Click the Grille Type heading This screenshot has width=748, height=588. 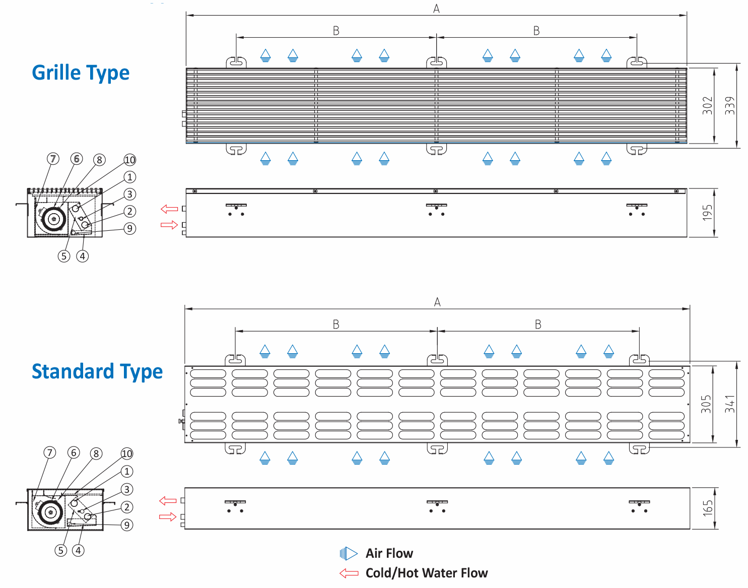pyautogui.click(x=81, y=73)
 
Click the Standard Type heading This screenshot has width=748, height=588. pyautogui.click(x=97, y=372)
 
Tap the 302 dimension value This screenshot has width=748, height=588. pyautogui.click(x=708, y=105)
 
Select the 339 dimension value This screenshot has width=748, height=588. pyautogui.click(x=730, y=105)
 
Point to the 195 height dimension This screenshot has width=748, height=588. pyautogui.click(x=708, y=213)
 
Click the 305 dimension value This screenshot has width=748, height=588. pyautogui.click(x=706, y=404)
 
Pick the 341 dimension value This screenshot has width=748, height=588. pyautogui.click(x=730, y=404)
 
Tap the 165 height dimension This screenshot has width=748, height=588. pyautogui.click(x=708, y=508)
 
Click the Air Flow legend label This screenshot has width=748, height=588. pyautogui.click(x=389, y=554)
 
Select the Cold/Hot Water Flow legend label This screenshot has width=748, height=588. pyautogui.click(x=426, y=573)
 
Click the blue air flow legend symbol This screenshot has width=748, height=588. pyautogui.click(x=349, y=554)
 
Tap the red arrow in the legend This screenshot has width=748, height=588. pyautogui.click(x=349, y=573)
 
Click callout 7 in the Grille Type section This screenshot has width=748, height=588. pyautogui.click(x=53, y=159)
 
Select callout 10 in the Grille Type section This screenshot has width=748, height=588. pyautogui.click(x=130, y=160)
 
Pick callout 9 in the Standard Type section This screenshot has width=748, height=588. pyautogui.click(x=127, y=525)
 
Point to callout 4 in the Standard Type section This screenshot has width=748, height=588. pyautogui.click(x=78, y=550)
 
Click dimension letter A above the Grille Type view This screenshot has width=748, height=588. pyautogui.click(x=436, y=9)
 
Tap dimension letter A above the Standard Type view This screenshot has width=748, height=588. pyautogui.click(x=437, y=302)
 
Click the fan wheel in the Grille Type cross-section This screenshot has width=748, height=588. pyautogui.click(x=53, y=219)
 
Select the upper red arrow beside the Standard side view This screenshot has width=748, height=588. pyautogui.click(x=168, y=500)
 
